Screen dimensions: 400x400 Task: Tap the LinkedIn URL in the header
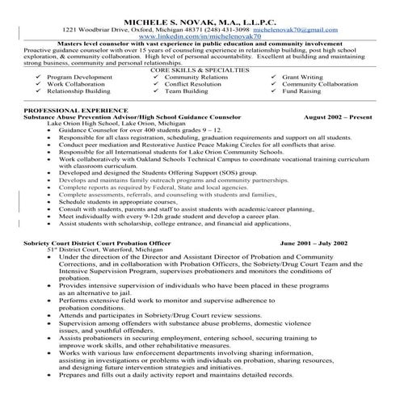199,36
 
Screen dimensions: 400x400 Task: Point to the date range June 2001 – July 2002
314,242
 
